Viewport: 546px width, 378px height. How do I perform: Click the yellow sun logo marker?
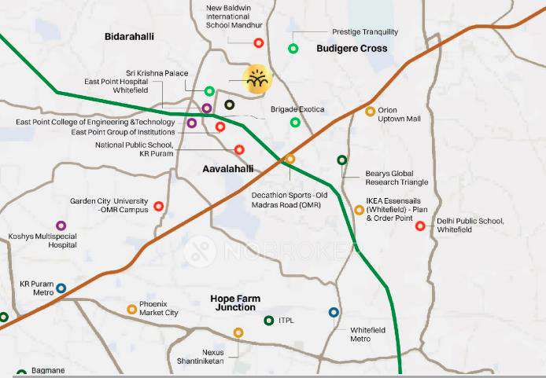pyautogui.click(x=256, y=79)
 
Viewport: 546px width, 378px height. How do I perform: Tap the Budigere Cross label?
pyautogui.click(x=352, y=49)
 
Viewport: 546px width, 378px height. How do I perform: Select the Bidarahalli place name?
pyautogui.click(x=130, y=37)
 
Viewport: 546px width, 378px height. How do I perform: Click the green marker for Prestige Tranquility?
pyautogui.click(x=293, y=49)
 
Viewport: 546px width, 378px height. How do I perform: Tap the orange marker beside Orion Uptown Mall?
pyautogui.click(x=371, y=112)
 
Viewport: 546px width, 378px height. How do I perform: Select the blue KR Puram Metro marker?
pyautogui.click(x=61, y=288)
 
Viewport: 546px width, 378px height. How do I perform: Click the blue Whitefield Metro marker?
pyautogui.click(x=334, y=313)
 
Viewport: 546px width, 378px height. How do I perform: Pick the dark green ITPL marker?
pyautogui.click(x=269, y=321)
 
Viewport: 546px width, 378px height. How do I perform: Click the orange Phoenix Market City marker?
pyautogui.click(x=131, y=310)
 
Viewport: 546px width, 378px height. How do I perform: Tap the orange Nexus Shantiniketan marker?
pyautogui.click(x=238, y=332)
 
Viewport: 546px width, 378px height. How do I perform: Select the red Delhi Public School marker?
pyautogui.click(x=420, y=226)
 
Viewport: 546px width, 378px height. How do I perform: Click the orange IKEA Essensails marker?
pyautogui.click(x=359, y=210)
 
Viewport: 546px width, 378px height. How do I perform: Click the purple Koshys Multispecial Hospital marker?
pyautogui.click(x=61, y=226)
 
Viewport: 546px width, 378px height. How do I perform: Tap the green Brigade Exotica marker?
pyautogui.click(x=295, y=122)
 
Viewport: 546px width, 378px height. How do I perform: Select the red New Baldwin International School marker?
pyautogui.click(x=258, y=42)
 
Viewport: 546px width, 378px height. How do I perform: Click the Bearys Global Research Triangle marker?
pyautogui.click(x=341, y=160)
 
